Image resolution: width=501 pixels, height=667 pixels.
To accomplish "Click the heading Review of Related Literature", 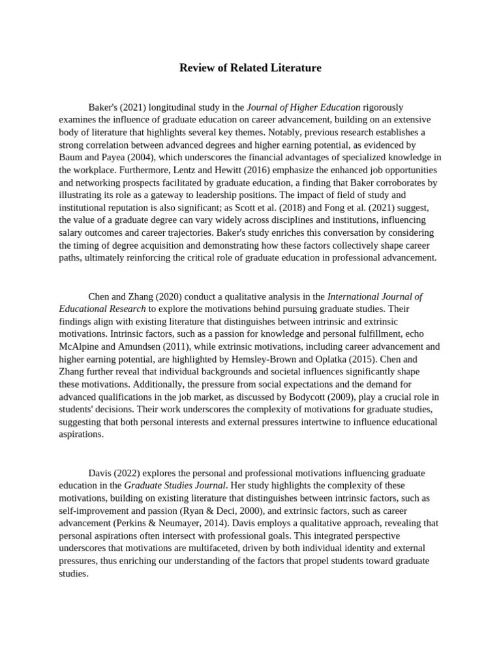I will (x=250, y=68).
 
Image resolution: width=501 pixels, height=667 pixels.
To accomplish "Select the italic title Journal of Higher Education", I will (x=303, y=107).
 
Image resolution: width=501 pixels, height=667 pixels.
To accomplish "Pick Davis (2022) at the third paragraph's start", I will (x=112, y=473).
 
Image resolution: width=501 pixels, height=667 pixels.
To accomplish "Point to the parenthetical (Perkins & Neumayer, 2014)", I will (x=166, y=523).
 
